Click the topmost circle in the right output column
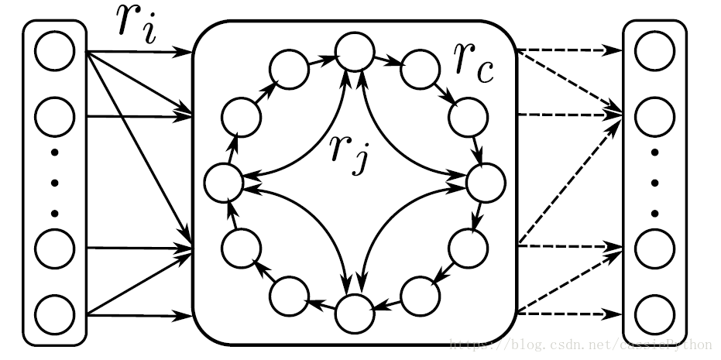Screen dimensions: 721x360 pyautogui.click(x=654, y=51)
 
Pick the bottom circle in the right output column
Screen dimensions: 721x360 pyautogui.click(x=654, y=314)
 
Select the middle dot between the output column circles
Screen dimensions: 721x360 pyautogui.click(x=654, y=183)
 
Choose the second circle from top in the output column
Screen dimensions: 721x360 pyautogui.click(x=654, y=116)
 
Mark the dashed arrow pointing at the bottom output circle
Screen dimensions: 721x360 pyautogui.click(x=569, y=314)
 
